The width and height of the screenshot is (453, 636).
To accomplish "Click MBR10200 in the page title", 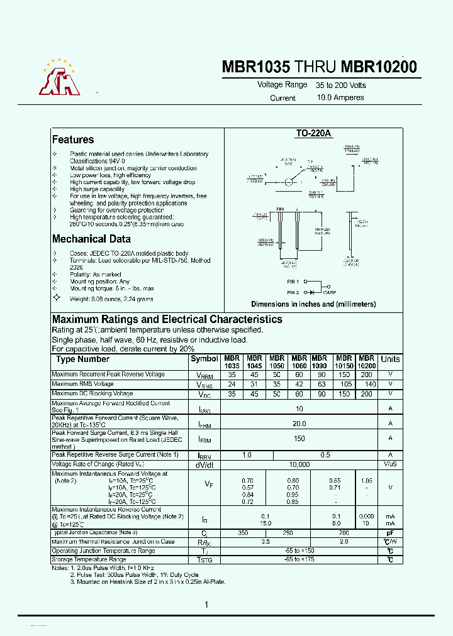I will click(379, 67).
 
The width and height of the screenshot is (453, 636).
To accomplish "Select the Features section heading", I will click(73, 140).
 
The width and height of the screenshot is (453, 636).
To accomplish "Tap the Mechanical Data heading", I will click(91, 239).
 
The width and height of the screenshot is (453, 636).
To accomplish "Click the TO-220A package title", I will click(313, 134).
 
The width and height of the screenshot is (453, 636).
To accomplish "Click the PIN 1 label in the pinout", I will click(293, 282).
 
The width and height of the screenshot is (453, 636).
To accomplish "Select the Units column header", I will click(390, 359).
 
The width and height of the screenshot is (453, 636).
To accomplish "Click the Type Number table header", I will click(82, 359).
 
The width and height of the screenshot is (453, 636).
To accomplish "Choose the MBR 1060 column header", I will click(299, 361).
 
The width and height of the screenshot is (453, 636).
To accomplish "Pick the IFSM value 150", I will click(299, 439).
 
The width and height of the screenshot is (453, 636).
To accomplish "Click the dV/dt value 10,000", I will click(299, 464).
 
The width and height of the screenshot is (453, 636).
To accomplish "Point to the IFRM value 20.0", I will click(299, 424).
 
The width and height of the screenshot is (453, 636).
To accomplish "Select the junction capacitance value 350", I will click(243, 532).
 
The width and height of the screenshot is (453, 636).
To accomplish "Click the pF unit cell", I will click(390, 532).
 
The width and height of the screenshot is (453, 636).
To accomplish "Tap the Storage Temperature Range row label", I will click(89, 559).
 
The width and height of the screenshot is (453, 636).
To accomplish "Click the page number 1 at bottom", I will click(206, 605).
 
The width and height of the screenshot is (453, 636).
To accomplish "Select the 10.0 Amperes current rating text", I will click(340, 97).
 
